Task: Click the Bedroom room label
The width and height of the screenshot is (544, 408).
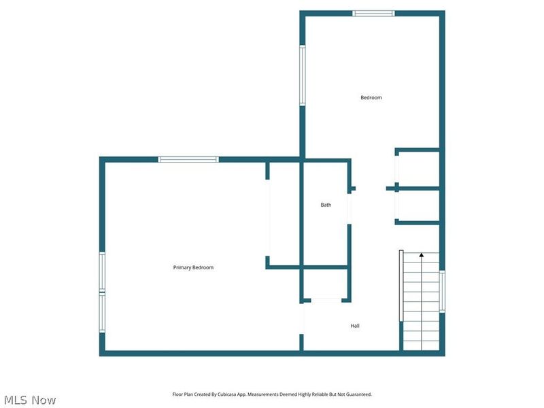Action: click(371, 98)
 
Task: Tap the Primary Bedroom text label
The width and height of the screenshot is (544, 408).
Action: click(193, 268)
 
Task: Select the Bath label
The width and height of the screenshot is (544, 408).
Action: click(326, 205)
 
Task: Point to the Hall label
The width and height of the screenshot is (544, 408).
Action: click(355, 326)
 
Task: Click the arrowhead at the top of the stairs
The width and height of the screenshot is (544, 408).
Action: click(421, 255)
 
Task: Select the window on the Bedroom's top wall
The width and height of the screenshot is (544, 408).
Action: click(373, 13)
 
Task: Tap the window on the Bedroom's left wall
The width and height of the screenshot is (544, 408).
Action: click(303, 75)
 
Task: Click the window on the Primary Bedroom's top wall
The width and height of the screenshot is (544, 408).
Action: click(188, 159)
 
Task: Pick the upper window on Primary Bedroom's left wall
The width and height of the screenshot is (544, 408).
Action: click(103, 271)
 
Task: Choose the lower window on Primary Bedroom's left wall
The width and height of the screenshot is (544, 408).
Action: click(103, 312)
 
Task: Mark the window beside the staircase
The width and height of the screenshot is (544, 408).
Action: click(442, 291)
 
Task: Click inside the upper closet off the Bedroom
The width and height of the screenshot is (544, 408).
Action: click(418, 169)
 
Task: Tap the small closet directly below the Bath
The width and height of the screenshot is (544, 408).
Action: click(326, 283)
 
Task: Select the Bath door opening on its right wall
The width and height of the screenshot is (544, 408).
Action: click(350, 208)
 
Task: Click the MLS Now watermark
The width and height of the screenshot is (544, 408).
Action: click(30, 400)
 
